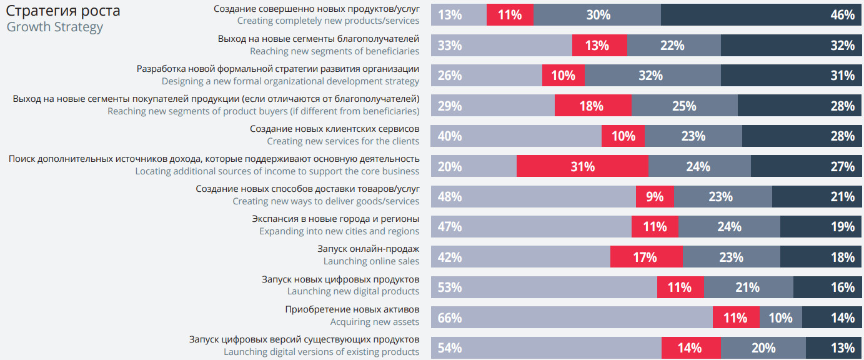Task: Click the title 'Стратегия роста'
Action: [x=63, y=11]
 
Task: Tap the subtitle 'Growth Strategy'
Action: [x=55, y=27]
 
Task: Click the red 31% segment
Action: [x=582, y=166]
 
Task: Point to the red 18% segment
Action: [x=593, y=106]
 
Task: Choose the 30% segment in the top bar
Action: [x=597, y=15]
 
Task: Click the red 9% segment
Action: [x=655, y=196]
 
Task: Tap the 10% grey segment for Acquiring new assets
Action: [x=781, y=317]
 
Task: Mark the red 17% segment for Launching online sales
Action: [x=646, y=257]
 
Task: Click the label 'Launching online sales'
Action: [x=371, y=261]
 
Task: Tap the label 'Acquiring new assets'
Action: [x=375, y=322]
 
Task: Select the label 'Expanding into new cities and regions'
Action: [x=339, y=231]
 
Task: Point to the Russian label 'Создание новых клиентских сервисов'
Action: [x=334, y=129]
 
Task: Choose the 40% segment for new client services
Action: [x=517, y=136]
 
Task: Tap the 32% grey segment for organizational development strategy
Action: [x=652, y=76]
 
